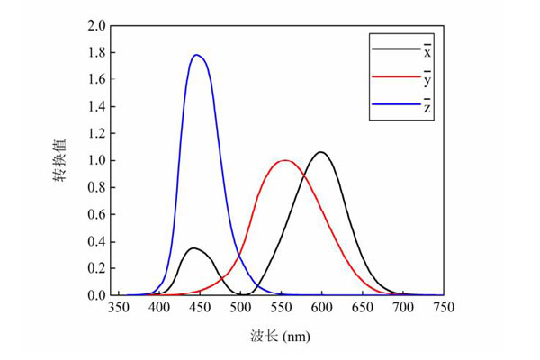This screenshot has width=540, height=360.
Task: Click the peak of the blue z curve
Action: [196, 55]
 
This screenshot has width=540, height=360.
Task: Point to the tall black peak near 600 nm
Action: [321, 152]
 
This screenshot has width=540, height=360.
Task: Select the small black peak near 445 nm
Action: [193, 248]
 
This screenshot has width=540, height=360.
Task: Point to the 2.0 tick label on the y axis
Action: [96, 25]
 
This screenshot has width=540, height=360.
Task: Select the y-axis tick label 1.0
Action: [96, 160]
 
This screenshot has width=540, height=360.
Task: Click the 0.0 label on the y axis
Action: [96, 295]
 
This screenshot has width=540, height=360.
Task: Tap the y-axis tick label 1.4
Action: [96, 106]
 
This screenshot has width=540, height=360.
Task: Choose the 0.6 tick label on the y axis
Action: [96, 214]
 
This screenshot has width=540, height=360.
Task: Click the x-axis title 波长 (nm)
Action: [280, 337]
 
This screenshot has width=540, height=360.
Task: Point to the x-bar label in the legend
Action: [428, 49]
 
